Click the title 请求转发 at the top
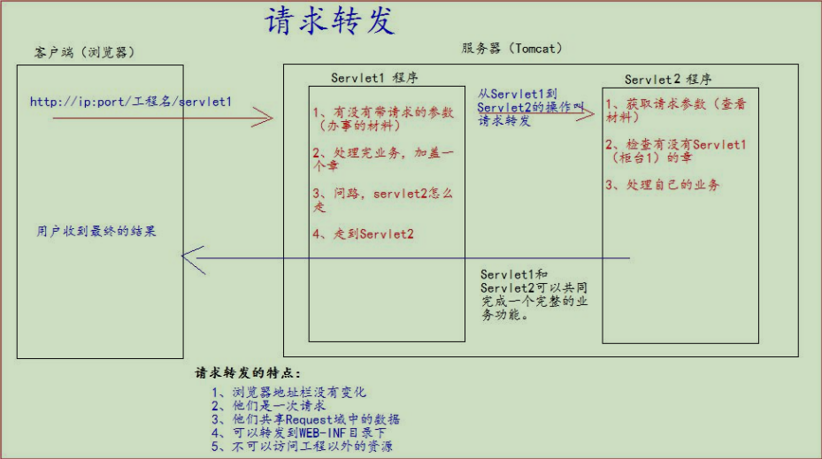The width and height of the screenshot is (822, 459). coord(329,21)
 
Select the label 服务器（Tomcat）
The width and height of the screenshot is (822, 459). coord(511,48)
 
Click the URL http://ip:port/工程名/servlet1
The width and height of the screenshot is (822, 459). coord(131,102)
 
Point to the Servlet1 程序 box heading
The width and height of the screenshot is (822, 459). coord(375,78)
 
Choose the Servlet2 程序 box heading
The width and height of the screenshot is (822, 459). coord(668,80)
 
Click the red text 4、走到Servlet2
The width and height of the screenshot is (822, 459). coord(363,234)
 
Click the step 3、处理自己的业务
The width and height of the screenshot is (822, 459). coord(663,185)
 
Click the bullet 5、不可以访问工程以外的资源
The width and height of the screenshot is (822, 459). coord(302,447)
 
